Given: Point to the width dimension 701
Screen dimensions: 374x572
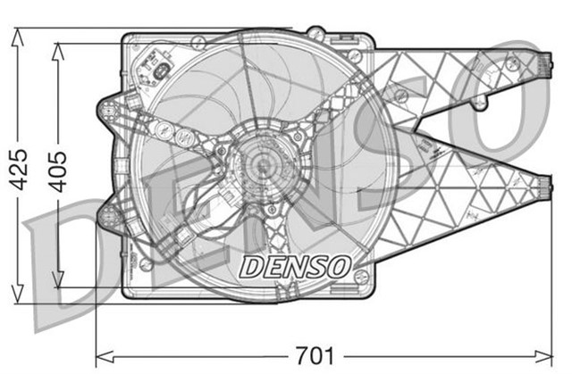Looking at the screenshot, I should [x=314, y=356].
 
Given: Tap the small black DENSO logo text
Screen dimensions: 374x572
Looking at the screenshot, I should [x=295, y=265].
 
